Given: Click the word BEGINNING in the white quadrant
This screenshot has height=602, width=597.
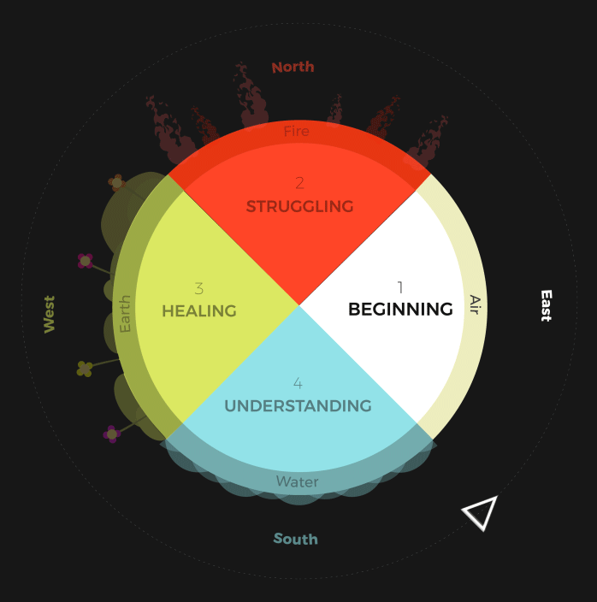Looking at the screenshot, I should (x=400, y=310).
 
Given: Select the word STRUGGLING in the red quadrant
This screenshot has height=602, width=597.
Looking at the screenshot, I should (x=299, y=206).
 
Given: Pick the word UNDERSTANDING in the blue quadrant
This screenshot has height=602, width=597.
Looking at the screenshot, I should (x=298, y=406).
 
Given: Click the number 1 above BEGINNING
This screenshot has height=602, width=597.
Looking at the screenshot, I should (x=399, y=287).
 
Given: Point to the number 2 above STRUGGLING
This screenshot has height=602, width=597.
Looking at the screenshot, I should (x=299, y=183).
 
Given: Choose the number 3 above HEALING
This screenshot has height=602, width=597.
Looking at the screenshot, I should (x=198, y=289).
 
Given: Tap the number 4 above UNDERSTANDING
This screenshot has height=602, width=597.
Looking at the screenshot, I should (x=298, y=383).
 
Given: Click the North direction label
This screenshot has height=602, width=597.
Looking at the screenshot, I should (x=293, y=67).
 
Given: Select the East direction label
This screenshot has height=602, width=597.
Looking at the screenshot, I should (x=546, y=305).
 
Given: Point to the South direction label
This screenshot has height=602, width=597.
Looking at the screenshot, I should (x=295, y=539).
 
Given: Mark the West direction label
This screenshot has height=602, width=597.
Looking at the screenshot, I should (x=50, y=314).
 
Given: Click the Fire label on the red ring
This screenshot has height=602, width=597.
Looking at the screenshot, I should (x=297, y=132).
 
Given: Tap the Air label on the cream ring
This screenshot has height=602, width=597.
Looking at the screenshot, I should (x=476, y=305).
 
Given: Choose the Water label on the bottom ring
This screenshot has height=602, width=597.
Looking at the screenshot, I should (x=297, y=482).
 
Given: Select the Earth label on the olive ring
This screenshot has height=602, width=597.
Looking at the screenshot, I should (x=126, y=314).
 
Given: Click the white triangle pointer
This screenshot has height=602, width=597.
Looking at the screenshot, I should (x=481, y=512).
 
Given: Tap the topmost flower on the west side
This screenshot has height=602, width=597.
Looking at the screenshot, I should (x=116, y=182).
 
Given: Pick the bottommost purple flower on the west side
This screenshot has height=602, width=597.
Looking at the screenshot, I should (x=111, y=434).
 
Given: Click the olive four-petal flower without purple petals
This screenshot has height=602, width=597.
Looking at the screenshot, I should (x=85, y=369).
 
